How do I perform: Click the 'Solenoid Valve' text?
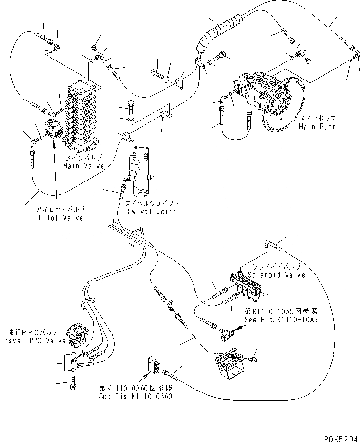pos(277,275)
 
